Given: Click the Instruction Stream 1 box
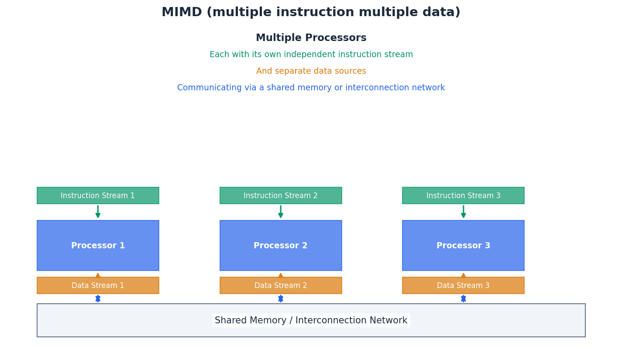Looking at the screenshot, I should click(98, 195).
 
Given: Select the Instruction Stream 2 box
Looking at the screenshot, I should click(281, 195).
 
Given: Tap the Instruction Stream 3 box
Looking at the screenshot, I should click(463, 195).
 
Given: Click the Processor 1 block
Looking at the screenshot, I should click(98, 246).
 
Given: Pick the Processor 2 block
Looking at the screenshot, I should click(281, 246).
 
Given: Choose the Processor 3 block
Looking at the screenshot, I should click(463, 246).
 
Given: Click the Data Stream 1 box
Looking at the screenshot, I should click(98, 285).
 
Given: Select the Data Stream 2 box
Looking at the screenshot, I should click(281, 285).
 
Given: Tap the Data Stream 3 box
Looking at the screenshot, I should click(463, 285).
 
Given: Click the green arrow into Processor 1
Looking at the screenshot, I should click(98, 212).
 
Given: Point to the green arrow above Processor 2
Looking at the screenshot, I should click(281, 212).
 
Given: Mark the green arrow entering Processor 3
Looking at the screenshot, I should click(463, 212).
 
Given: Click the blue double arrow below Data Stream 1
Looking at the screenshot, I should click(98, 298).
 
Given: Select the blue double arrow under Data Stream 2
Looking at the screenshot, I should click(281, 298).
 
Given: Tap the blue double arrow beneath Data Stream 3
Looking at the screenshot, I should click(463, 298).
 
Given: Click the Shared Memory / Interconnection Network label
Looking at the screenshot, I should click(311, 320).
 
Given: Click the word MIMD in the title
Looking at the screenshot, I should click(181, 13).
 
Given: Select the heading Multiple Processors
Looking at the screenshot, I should click(311, 38).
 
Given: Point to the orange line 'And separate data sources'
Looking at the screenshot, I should click(311, 71).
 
